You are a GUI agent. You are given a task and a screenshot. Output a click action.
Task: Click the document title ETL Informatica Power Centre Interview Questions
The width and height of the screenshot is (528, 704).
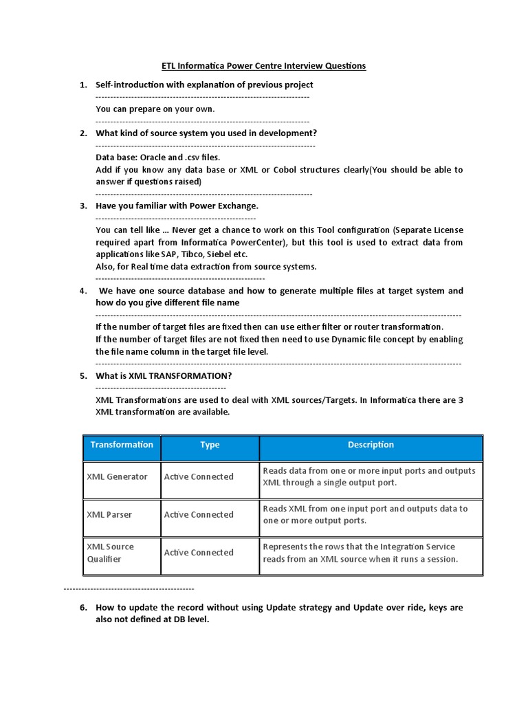[263, 66]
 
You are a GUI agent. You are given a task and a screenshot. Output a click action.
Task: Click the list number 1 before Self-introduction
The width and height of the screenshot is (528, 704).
[82, 85]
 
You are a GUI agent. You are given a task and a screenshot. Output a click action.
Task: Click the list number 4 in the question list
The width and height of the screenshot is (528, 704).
[82, 291]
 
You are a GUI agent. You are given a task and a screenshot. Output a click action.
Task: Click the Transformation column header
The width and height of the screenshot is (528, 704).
[122, 445]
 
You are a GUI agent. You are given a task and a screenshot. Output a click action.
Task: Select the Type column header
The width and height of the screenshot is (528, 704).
[210, 445]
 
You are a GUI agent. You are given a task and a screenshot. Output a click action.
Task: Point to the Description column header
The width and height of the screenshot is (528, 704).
[371, 445]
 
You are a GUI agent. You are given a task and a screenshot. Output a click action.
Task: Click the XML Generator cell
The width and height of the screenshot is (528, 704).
[117, 476]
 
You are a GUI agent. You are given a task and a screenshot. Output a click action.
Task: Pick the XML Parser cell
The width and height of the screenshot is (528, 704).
[109, 514]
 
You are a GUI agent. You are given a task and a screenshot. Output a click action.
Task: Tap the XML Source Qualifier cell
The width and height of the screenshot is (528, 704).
[111, 553]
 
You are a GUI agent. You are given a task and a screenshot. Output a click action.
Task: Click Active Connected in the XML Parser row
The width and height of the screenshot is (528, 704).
[199, 514]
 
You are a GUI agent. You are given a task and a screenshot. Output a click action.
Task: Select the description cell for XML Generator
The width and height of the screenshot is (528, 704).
[369, 476]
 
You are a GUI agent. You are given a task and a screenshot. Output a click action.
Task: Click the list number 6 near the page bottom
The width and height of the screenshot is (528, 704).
[82, 608]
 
